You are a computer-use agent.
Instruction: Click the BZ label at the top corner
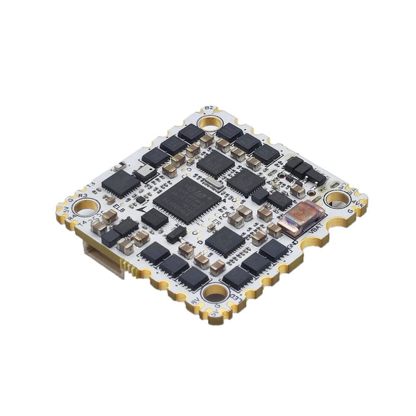209,109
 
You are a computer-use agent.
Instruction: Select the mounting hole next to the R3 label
86,207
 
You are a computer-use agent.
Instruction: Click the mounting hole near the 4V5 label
336,198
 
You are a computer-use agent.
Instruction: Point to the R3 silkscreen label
83,194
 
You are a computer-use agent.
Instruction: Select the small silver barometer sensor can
142,173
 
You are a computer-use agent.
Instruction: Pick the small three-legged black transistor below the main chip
175,235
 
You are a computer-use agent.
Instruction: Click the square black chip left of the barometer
120,184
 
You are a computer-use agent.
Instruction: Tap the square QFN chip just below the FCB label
225,241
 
